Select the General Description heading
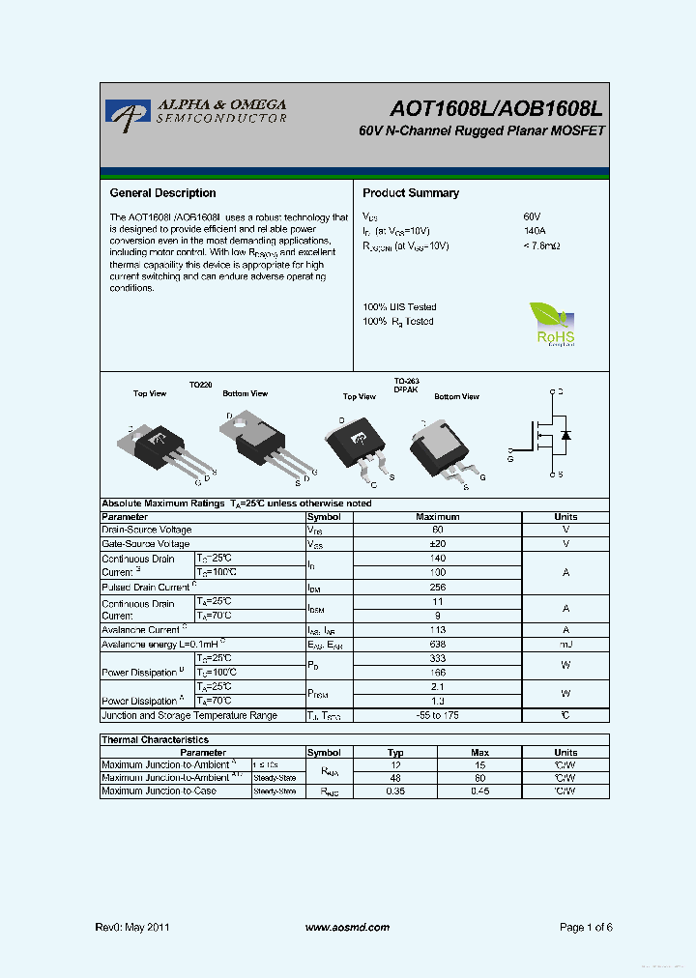coord(162,193)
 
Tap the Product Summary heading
coord(411,193)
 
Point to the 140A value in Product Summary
coord(535,232)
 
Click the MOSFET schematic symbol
coord(548,434)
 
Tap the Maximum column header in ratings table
coord(437,517)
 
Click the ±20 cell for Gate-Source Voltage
coord(437,544)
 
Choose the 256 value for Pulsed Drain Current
coord(437,587)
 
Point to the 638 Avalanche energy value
coord(437,644)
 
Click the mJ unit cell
coord(565,644)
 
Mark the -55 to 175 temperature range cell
coord(437,716)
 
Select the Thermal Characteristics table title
coord(155,739)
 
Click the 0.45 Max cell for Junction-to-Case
coord(479,791)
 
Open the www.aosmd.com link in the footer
coord(347,928)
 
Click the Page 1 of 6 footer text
coord(586,928)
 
